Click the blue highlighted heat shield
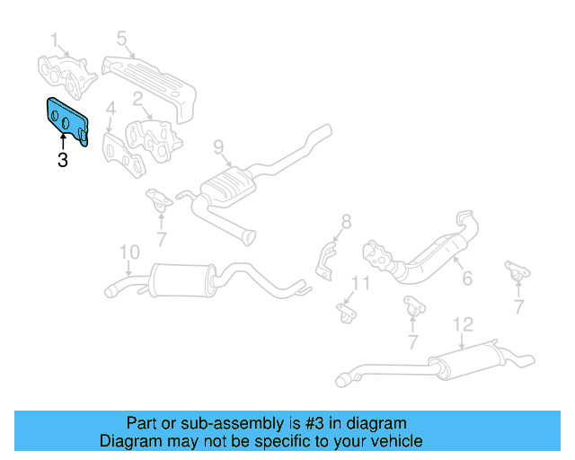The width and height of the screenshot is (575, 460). tap(66, 119)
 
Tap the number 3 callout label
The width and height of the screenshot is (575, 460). tap(62, 162)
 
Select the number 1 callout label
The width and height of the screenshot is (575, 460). tap(54, 40)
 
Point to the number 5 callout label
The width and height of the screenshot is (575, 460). tap(121, 39)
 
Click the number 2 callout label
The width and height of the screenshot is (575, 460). tap(138, 99)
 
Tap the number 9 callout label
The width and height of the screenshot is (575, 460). tap(217, 146)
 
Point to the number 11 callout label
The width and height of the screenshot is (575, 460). tap(359, 284)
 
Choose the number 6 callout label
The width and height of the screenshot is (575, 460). tap(467, 279)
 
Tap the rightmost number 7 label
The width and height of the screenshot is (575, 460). tap(518, 307)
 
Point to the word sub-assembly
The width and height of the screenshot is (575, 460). tap(218, 423)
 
